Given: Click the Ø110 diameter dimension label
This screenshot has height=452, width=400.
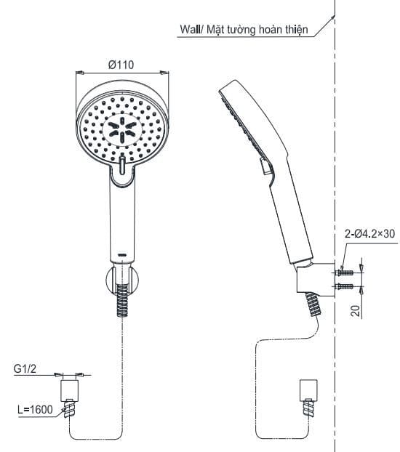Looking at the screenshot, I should pyautogui.click(x=121, y=65).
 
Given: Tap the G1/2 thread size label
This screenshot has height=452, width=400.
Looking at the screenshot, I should pyautogui.click(x=25, y=368).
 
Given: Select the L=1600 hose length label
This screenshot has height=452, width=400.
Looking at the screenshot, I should pyautogui.click(x=35, y=410).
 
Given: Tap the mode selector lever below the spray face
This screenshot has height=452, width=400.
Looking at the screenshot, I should pyautogui.click(x=122, y=168).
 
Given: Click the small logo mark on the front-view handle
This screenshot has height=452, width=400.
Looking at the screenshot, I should pyautogui.click(x=122, y=254).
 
